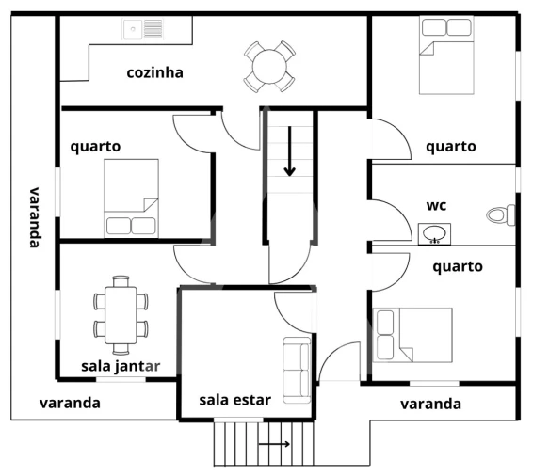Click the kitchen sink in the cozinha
[x=143, y=29]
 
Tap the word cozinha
[x=154, y=72]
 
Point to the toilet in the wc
[x=501, y=215]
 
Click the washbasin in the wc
[x=434, y=232]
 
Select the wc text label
[x=436, y=204]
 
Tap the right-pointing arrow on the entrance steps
[x=274, y=442]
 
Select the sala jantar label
[x=121, y=365]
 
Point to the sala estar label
[x=234, y=400]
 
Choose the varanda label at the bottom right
[x=430, y=404]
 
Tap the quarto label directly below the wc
[x=458, y=266]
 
